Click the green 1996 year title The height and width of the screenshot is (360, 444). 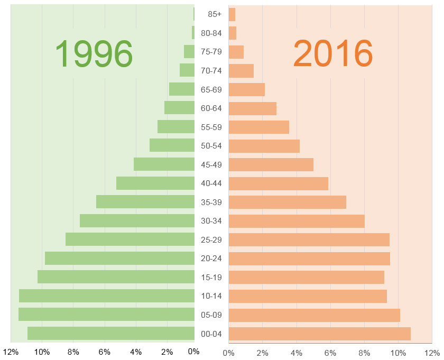94,53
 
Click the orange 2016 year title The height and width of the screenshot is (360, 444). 333,53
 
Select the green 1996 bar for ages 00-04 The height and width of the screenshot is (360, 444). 111,333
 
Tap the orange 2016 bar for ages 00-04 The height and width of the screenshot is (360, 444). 319,334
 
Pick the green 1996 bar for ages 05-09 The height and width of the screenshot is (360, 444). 106,314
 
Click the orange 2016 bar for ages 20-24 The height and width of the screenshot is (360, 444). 309,259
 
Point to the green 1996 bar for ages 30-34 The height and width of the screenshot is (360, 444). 137,220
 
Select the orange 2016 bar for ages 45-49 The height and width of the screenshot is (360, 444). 271,164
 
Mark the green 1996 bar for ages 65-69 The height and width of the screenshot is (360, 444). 182,89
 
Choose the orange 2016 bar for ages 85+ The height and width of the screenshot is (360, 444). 232,15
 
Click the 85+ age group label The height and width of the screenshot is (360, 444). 211,15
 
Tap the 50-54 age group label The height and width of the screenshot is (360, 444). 211,145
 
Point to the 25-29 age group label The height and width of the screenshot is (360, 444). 211,239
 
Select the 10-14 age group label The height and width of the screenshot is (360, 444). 211,296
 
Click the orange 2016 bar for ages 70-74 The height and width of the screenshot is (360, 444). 241,71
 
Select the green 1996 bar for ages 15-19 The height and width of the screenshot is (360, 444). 116,276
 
